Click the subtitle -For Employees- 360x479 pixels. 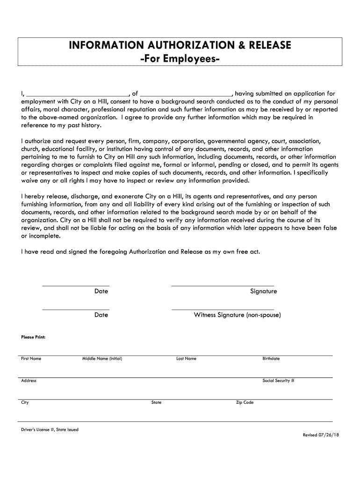[x=180, y=60]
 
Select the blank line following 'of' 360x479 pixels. [x=186, y=94]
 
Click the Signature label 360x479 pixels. [x=263, y=291]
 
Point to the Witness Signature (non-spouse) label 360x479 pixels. [x=238, y=315]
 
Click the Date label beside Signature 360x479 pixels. [x=101, y=291]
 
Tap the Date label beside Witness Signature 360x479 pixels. [x=101, y=315]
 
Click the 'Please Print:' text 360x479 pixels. [x=33, y=337]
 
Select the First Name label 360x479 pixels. [x=31, y=359]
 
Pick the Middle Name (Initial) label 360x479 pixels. [x=102, y=359]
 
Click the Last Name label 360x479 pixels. [x=186, y=359]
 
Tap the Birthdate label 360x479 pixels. [x=271, y=359]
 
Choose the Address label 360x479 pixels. [x=29, y=381]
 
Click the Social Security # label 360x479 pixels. [x=278, y=381]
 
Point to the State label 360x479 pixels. [x=156, y=402]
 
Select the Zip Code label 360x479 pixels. [x=245, y=402]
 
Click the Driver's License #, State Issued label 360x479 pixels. [x=50, y=430]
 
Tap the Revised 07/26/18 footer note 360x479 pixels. [x=321, y=435]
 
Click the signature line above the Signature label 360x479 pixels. [x=223, y=285]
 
